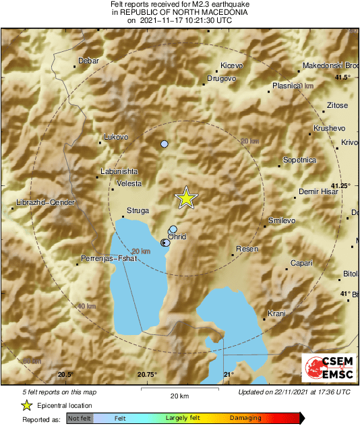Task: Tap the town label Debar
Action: pyautogui.click(x=88, y=61)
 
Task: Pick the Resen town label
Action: pyautogui.click(x=247, y=249)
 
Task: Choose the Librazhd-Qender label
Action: pyautogui.click(x=45, y=202)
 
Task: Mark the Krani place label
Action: pyautogui.click(x=276, y=313)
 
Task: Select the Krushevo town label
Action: pyautogui.click(x=330, y=128)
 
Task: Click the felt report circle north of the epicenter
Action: pyautogui.click(x=164, y=144)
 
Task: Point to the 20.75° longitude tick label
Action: pyautogui.click(x=147, y=375)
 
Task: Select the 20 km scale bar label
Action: pyautogui.click(x=179, y=396)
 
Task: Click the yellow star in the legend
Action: pyautogui.click(x=26, y=405)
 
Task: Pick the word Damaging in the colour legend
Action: pyautogui.click(x=245, y=419)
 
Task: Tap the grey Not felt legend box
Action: pyautogui.click(x=80, y=419)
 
